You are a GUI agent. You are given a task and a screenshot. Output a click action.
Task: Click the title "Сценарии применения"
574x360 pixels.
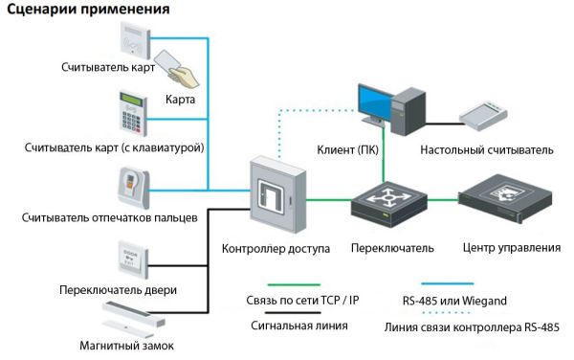pos(86,11)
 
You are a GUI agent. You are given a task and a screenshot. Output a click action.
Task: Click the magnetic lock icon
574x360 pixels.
pos(134,314)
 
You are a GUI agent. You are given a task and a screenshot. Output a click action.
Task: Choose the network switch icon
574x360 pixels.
pos(389,201)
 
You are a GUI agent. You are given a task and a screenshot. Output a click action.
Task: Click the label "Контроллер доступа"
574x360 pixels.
pos(276,248)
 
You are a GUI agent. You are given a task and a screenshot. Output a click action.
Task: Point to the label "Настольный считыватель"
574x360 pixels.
pos(486,150)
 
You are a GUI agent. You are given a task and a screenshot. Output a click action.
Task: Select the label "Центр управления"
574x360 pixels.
pos(511,248)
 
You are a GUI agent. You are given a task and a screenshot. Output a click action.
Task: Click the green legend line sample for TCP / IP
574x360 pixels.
pos(294,284)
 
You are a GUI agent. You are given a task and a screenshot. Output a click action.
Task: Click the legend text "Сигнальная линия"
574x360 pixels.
pos(295,326)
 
